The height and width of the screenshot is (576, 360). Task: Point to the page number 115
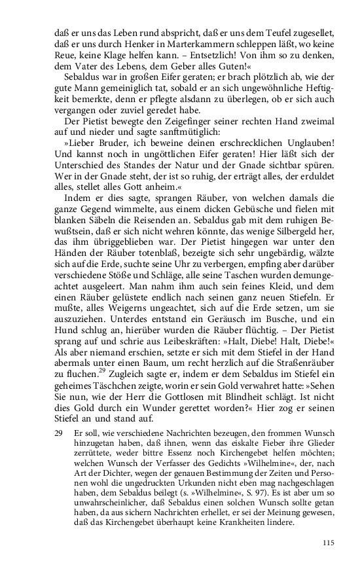[x=328, y=542]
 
